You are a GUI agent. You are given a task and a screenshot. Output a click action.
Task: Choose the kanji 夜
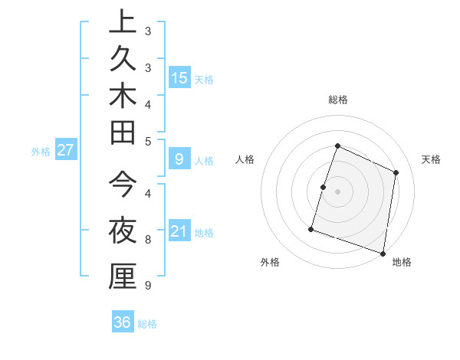tap(123, 229)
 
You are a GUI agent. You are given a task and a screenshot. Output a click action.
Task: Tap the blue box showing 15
tap(179, 77)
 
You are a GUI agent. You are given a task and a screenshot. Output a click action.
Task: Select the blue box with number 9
tap(179, 159)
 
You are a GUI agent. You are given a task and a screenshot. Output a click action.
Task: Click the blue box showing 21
tap(179, 231)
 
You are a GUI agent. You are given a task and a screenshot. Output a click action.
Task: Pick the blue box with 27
tap(66, 150)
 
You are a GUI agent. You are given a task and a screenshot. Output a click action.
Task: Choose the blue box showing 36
tap(123, 322)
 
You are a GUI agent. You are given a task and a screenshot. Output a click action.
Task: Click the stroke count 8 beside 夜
tap(148, 240)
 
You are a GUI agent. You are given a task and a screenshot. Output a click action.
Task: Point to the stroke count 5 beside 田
tap(148, 141)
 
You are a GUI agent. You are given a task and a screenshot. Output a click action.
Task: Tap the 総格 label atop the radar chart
tap(337, 100)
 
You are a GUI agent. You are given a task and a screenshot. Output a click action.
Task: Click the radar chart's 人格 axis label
tap(245, 159)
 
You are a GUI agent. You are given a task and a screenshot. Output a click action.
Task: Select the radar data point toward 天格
tap(396, 172)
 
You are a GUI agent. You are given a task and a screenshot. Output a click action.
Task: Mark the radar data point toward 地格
tap(382, 253)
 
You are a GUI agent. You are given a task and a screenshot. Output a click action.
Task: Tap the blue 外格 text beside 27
tap(40, 152)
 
